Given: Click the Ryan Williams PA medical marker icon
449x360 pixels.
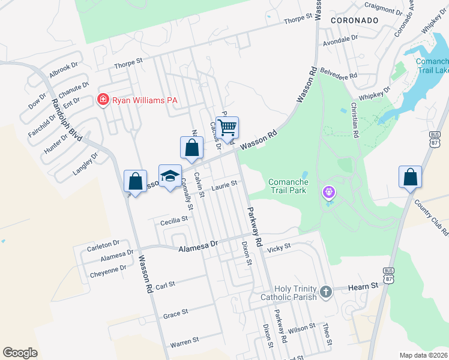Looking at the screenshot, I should click(x=103, y=100).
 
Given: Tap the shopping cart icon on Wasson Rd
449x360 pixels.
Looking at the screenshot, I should click(x=227, y=127).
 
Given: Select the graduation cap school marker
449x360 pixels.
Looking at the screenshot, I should click(x=170, y=175).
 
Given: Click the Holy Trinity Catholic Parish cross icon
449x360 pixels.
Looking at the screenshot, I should click(x=325, y=292).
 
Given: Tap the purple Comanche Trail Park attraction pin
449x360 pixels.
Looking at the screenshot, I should click(x=328, y=193).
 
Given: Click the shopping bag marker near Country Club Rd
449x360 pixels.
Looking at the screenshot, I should click(x=411, y=177).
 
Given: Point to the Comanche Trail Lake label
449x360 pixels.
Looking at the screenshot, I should click(x=433, y=66).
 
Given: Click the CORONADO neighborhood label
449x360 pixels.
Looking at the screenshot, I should click(x=354, y=20).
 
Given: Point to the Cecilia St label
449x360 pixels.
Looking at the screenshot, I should click(x=174, y=221).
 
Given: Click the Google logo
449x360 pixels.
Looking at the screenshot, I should click(x=20, y=352).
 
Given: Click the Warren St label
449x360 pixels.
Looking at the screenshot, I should click(x=184, y=343).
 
